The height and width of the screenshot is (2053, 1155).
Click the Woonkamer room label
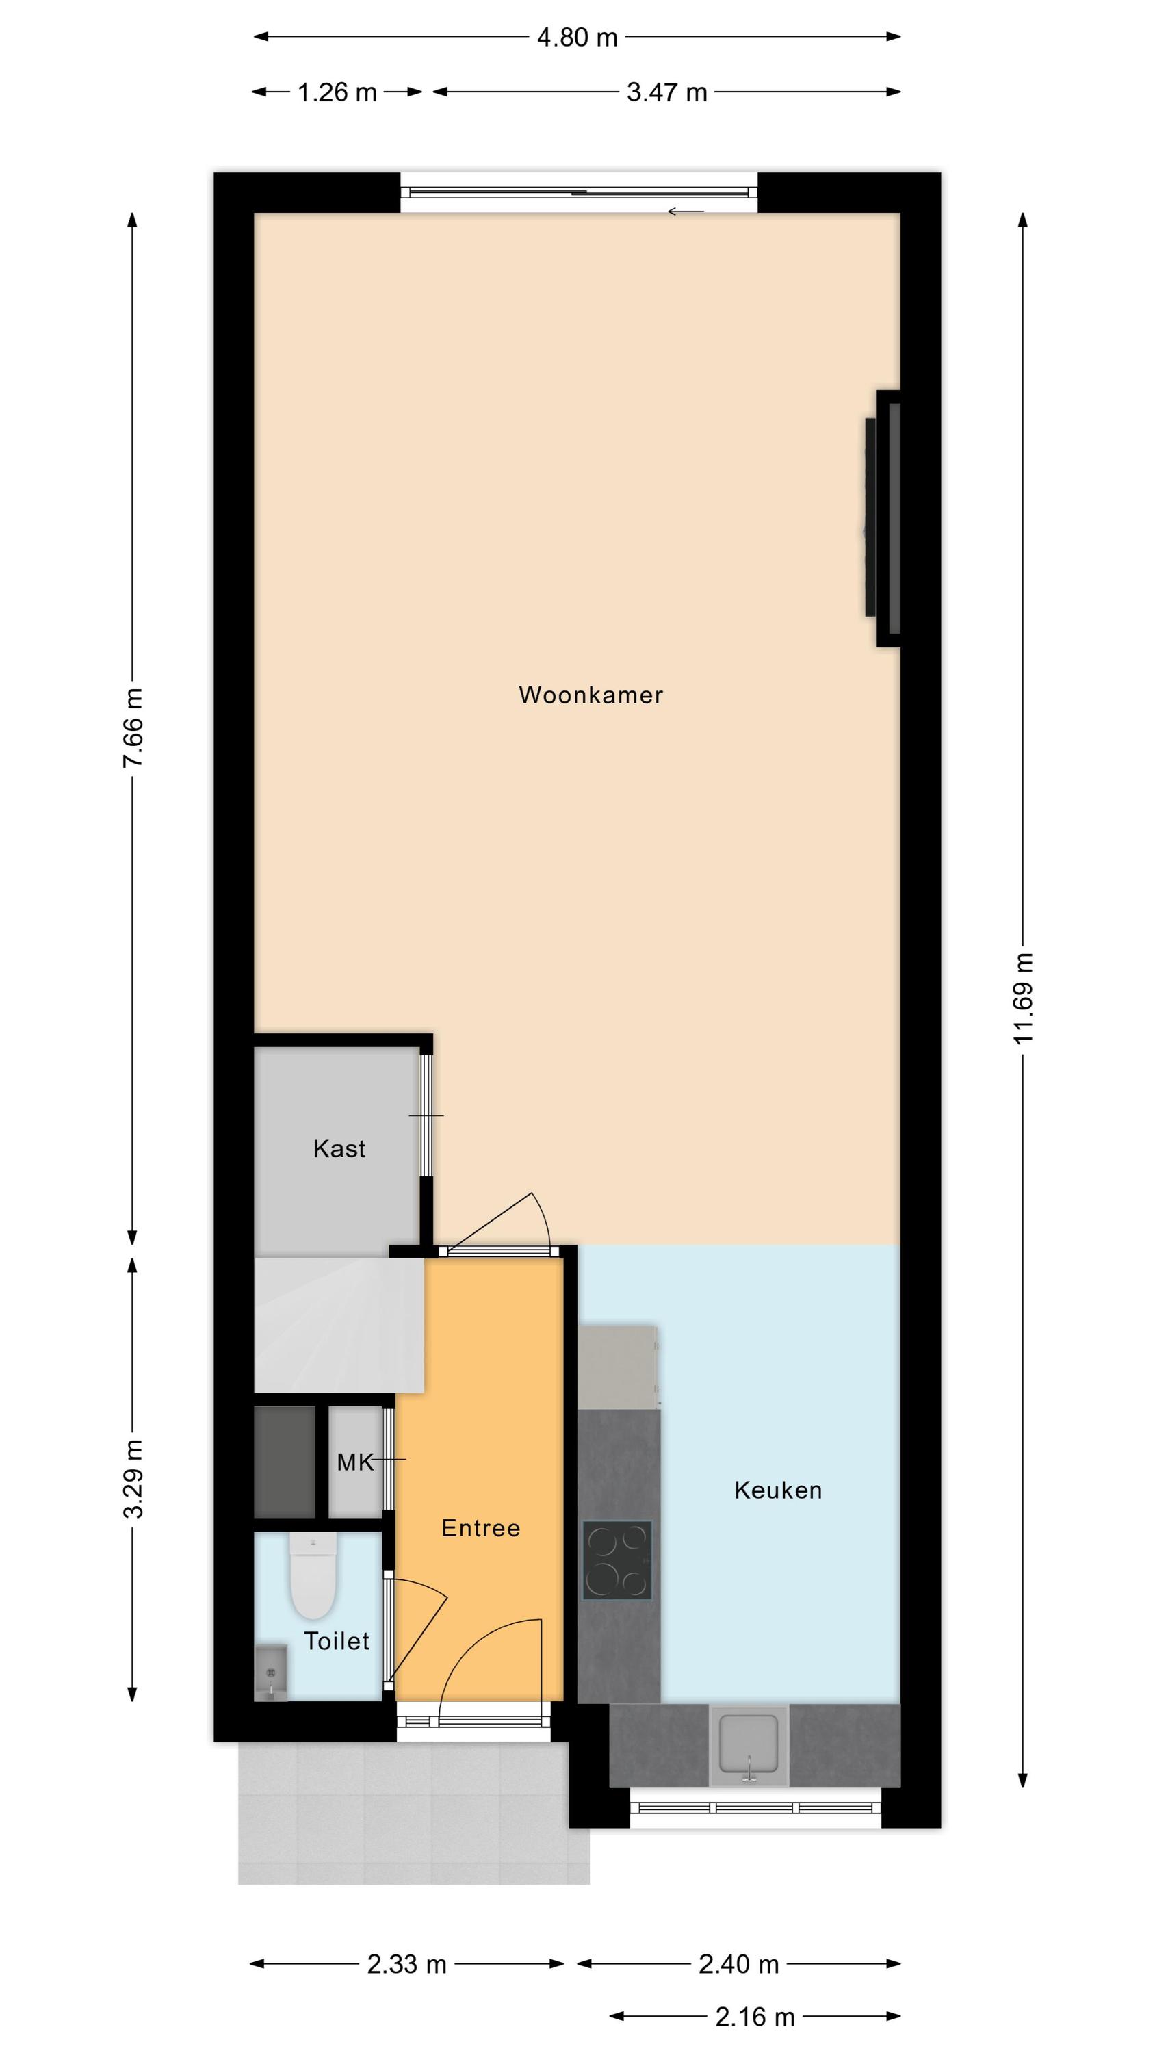pyautogui.click(x=591, y=695)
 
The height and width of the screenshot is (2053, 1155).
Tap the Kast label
pyautogui.click(x=339, y=1148)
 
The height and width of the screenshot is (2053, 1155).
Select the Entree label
pyautogui.click(x=480, y=1528)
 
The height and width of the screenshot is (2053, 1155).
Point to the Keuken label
pyautogui.click(x=778, y=1490)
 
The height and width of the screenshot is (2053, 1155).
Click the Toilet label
pyautogui.click(x=337, y=1641)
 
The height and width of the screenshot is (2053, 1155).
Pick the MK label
pyautogui.click(x=354, y=1462)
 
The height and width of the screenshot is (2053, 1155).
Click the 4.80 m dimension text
pyautogui.click(x=577, y=38)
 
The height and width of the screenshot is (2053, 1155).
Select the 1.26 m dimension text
pyautogui.click(x=337, y=92)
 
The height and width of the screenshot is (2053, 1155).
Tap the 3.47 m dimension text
pyautogui.click(x=667, y=92)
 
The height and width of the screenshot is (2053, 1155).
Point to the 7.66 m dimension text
pyautogui.click(x=133, y=727)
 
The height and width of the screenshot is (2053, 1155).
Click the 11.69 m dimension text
pyautogui.click(x=1024, y=998)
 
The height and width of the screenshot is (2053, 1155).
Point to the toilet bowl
pyautogui.click(x=313, y=1577)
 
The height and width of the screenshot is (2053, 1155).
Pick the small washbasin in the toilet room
pyautogui.click(x=270, y=1672)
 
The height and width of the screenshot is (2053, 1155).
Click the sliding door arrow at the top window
pyautogui.click(x=686, y=211)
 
